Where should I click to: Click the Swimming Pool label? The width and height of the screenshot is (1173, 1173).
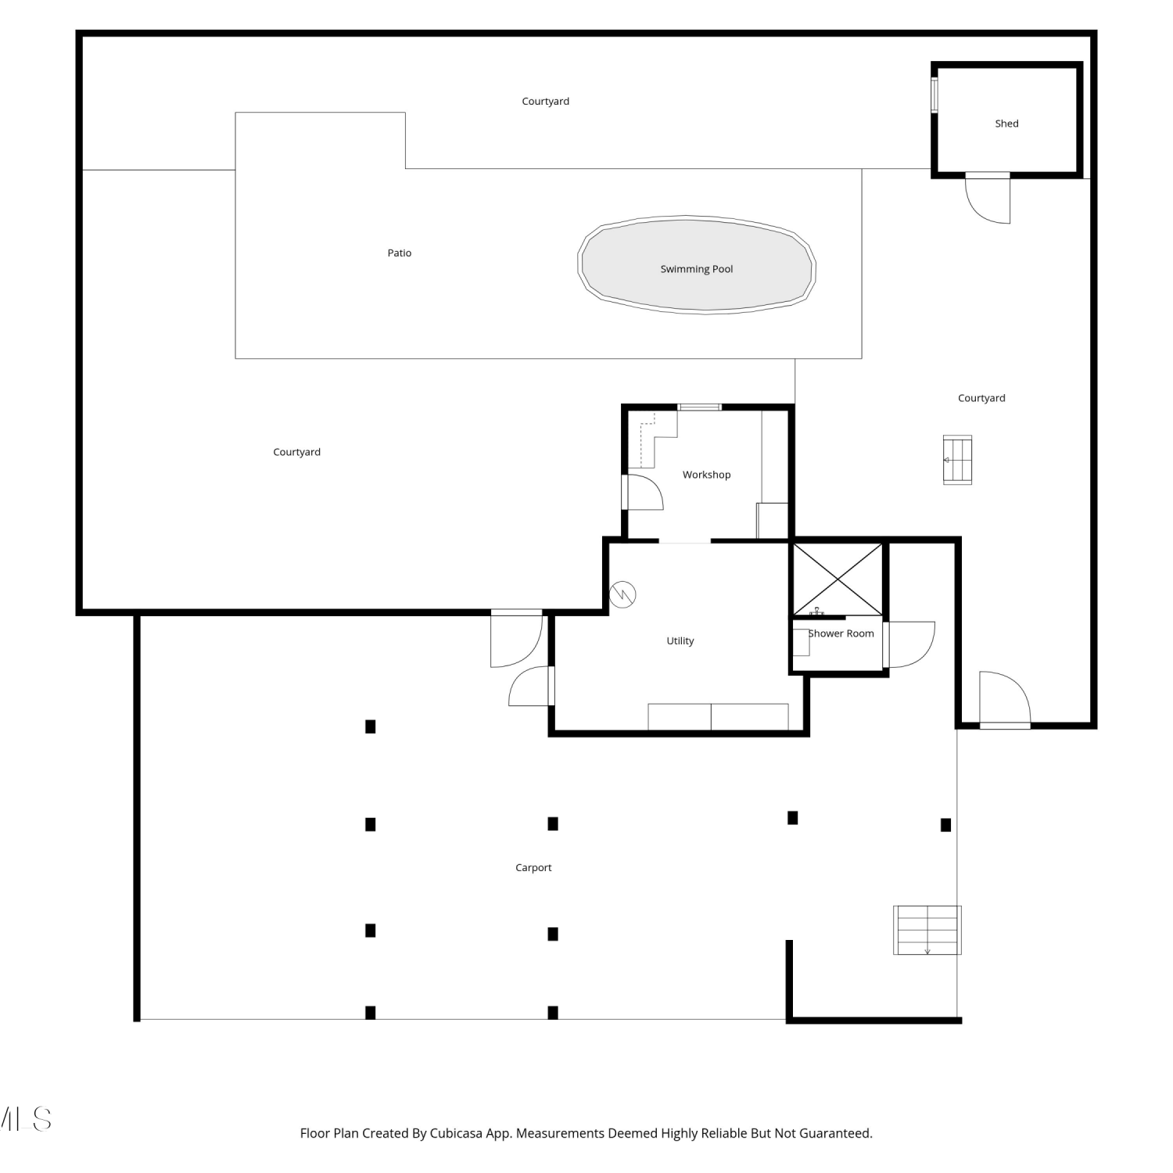tap(697, 269)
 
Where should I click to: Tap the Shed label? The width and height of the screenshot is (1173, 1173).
tap(1006, 124)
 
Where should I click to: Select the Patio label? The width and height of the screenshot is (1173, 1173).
tap(400, 253)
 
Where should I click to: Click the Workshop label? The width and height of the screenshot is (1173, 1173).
tap(706, 475)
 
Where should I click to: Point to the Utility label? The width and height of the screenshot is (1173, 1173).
tap(680, 640)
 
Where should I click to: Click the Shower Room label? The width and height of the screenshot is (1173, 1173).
tap(841, 633)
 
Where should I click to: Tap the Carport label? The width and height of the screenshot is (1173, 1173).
tap(533, 867)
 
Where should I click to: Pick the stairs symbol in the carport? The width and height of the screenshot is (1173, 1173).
tap(927, 930)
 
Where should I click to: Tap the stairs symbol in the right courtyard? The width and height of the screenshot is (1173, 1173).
tap(957, 460)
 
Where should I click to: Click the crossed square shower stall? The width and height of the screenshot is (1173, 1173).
tap(838, 579)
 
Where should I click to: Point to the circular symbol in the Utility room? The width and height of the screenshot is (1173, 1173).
tap(623, 594)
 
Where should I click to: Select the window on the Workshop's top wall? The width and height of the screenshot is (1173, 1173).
tap(699, 407)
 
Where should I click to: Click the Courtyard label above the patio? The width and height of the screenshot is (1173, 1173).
tap(546, 102)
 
